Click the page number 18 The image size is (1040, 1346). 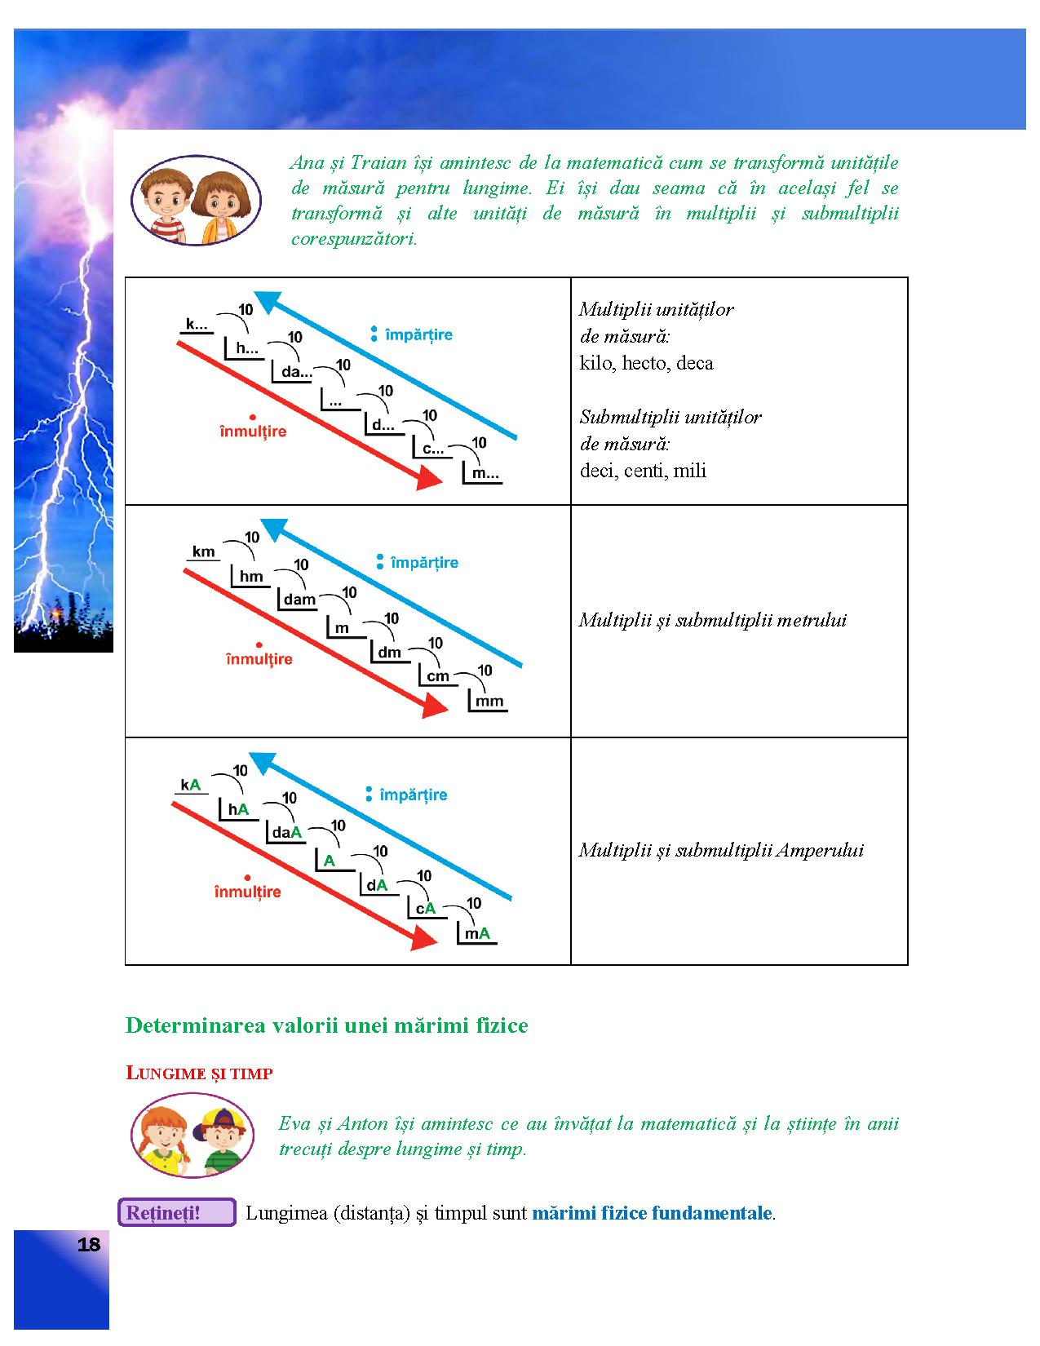pyautogui.click(x=89, y=1245)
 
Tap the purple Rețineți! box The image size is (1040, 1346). pyautogui.click(x=176, y=1213)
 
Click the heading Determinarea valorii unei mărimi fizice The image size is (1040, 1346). pyautogui.click(x=326, y=1025)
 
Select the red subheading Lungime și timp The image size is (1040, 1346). pyautogui.click(x=199, y=1074)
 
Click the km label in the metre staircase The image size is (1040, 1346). pyautogui.click(x=203, y=552)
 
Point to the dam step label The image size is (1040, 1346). pyautogui.click(x=299, y=600)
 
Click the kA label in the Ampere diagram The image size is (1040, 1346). pyautogui.click(x=191, y=785)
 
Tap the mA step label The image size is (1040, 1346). pyautogui.click(x=478, y=934)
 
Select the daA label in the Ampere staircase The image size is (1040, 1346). pyautogui.click(x=287, y=832)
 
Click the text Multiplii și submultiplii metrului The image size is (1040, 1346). pyautogui.click(x=713, y=620)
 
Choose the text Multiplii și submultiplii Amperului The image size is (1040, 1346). pyautogui.click(x=721, y=850)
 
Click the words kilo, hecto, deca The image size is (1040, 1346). pyautogui.click(x=646, y=363)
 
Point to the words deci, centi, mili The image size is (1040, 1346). pyautogui.click(x=643, y=471)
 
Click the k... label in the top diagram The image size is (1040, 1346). pyautogui.click(x=197, y=324)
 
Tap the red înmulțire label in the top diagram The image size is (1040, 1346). pyautogui.click(x=253, y=431)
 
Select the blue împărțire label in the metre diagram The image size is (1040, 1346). pyautogui.click(x=424, y=562)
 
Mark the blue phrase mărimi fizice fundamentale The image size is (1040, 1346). pyautogui.click(x=652, y=1213)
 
